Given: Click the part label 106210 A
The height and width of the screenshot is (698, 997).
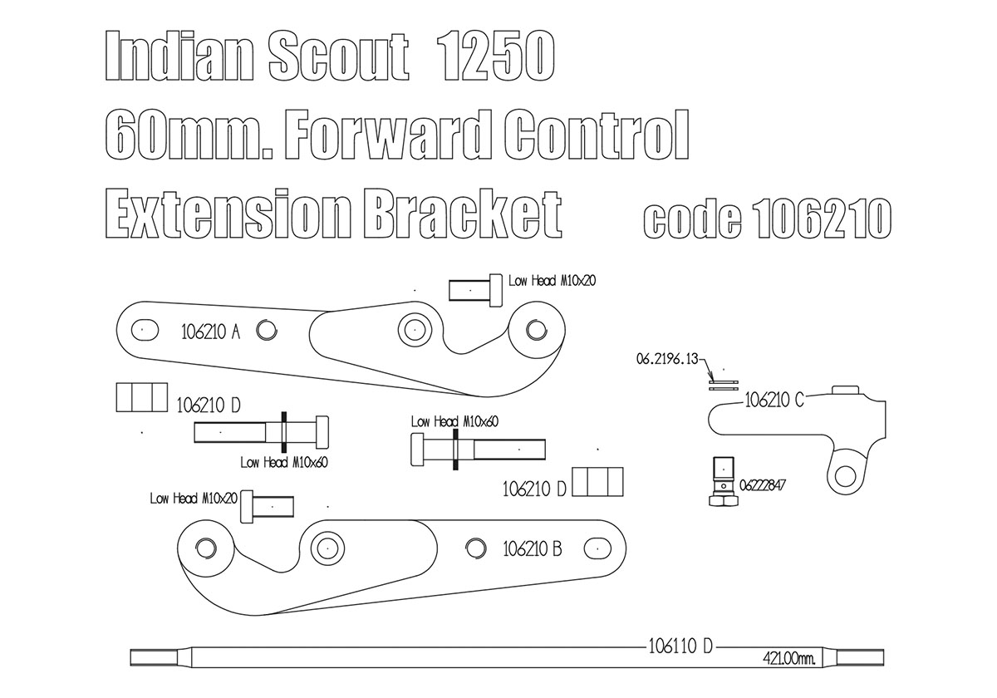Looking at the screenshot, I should point(210,332).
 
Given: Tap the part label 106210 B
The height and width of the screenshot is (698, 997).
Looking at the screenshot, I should point(533,548).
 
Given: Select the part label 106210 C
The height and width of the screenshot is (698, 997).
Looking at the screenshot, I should point(774,400).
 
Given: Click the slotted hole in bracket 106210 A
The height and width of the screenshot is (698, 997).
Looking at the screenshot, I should point(144,330).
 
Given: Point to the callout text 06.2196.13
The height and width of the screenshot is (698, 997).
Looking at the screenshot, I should point(668,359).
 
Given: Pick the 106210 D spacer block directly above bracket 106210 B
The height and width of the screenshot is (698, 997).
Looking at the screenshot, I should point(598,482).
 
